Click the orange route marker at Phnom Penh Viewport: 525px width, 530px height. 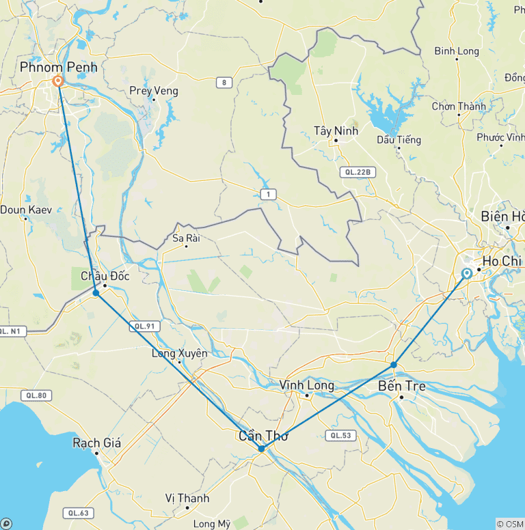click(x=58, y=81)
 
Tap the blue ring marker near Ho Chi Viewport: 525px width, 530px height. click(x=467, y=273)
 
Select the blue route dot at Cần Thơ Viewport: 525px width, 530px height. click(x=262, y=449)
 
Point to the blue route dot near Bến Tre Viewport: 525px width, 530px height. click(x=394, y=365)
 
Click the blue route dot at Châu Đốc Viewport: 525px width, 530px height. click(x=96, y=293)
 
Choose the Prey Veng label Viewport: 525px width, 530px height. click(x=154, y=91)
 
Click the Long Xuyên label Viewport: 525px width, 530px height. click(x=179, y=353)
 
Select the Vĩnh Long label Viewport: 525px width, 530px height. click(x=307, y=385)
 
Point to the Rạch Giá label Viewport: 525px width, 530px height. click(x=96, y=443)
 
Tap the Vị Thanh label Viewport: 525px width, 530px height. click(x=187, y=499)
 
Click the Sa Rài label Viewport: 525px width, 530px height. click(x=186, y=238)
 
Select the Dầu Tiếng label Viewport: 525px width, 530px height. click(x=399, y=140)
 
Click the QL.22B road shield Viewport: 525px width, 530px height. click(x=358, y=173)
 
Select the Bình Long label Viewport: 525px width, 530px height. click(x=457, y=51)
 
